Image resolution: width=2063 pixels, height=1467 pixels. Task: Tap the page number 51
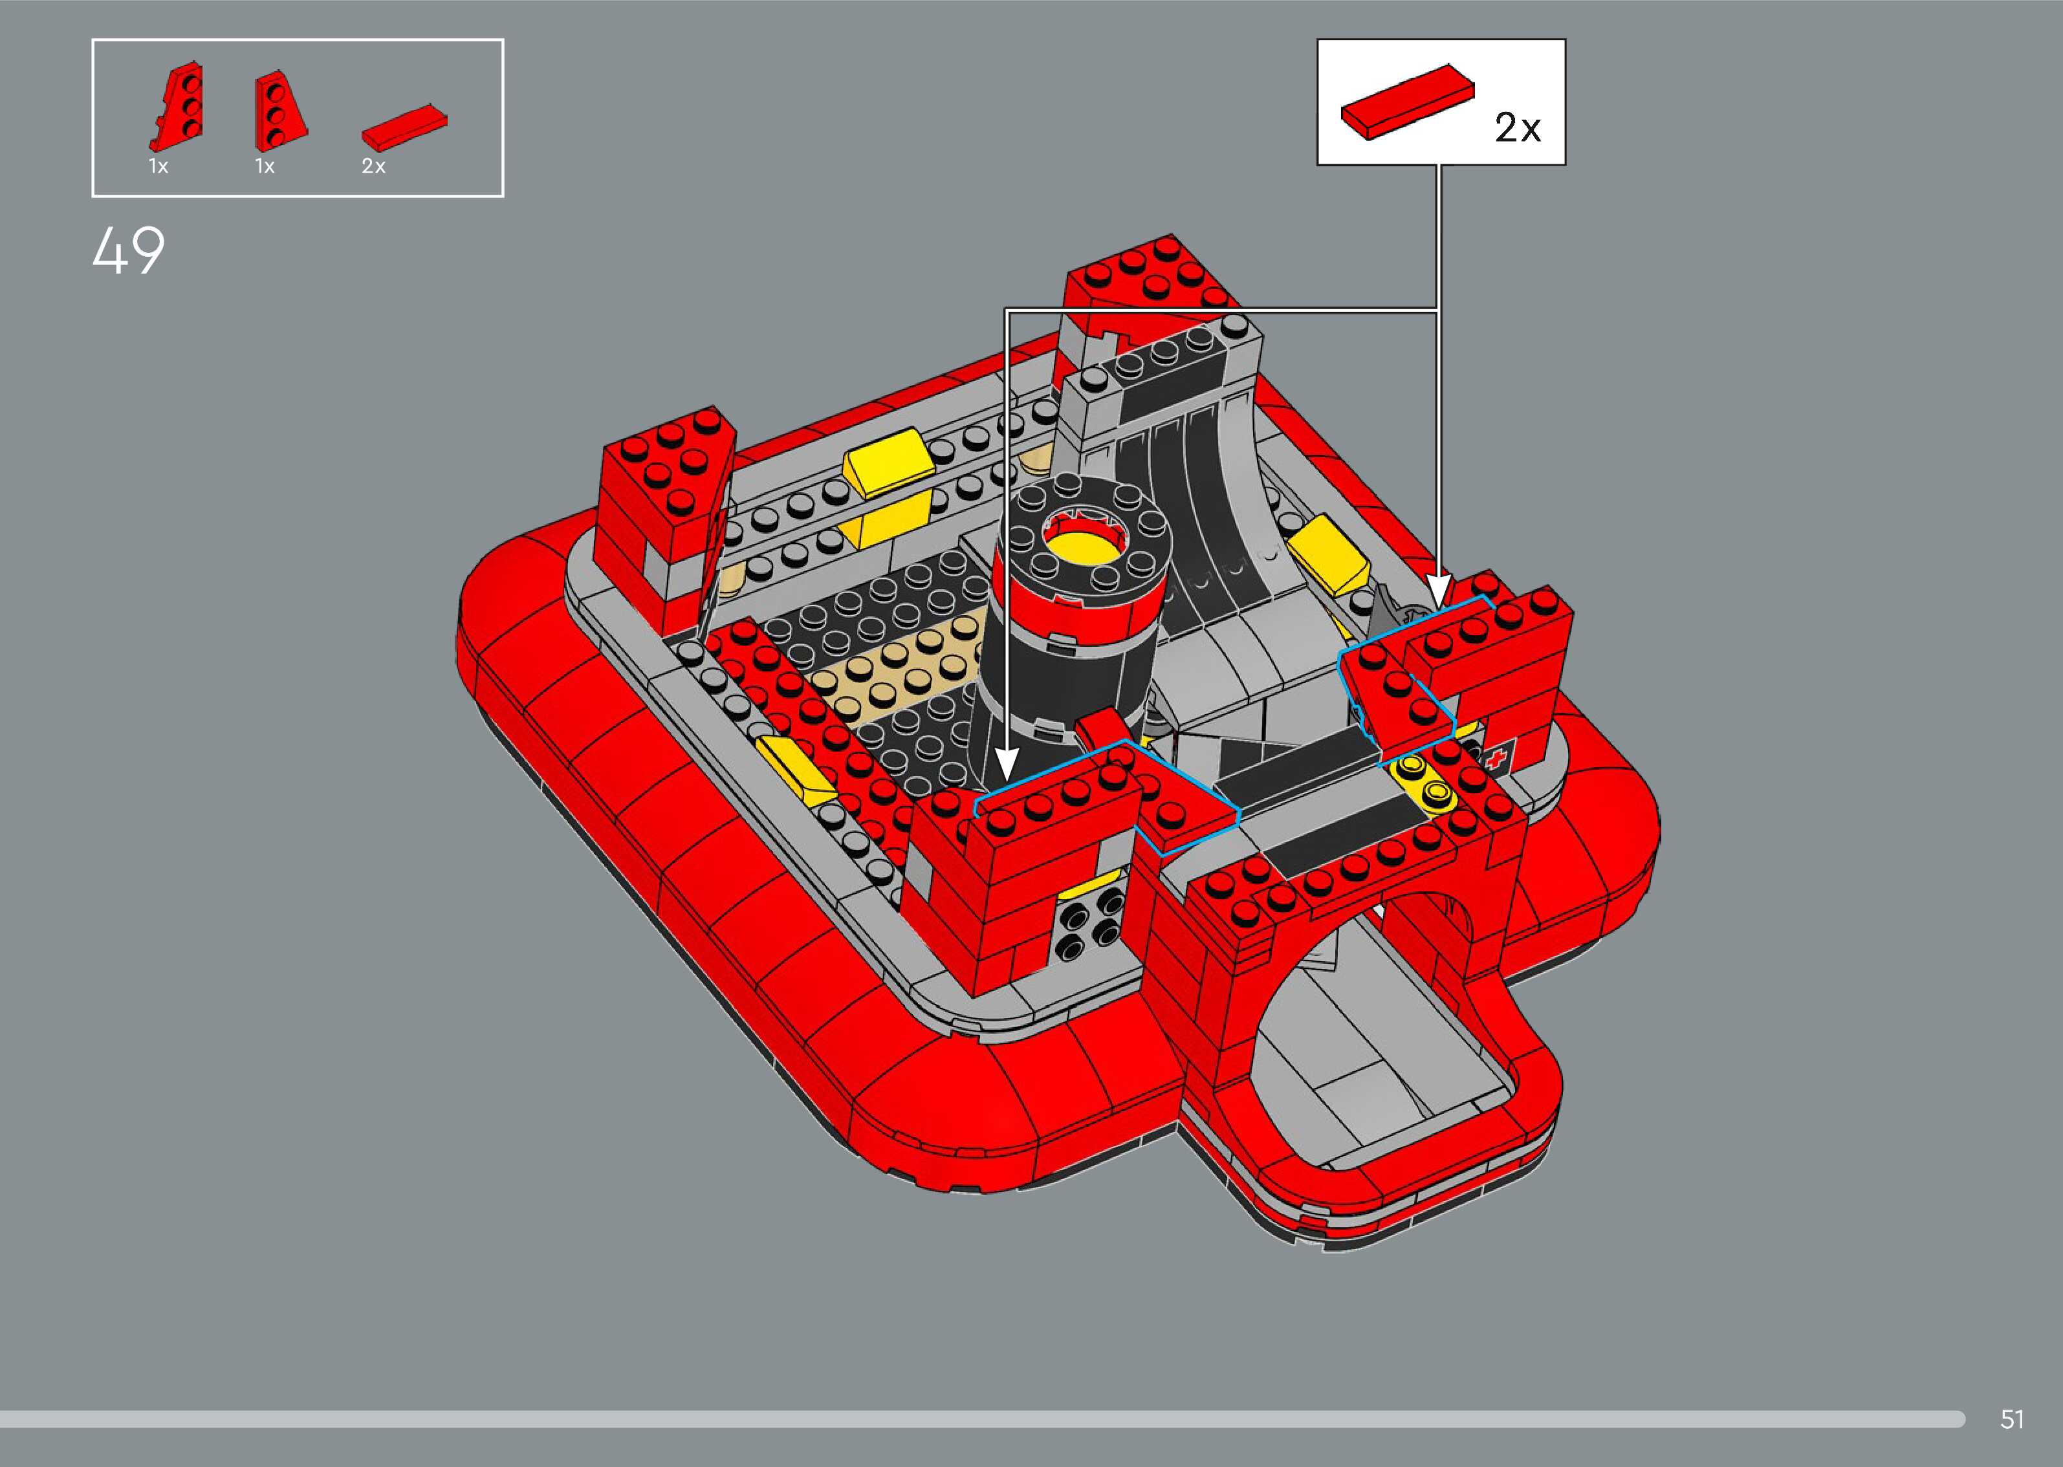tap(2011, 1419)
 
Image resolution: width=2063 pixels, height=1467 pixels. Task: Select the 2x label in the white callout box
tap(1518, 127)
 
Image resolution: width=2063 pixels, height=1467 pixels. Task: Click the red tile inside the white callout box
tap(1406, 102)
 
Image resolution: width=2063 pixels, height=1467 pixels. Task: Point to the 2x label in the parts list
tap(373, 166)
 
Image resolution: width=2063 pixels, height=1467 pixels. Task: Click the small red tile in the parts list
tap(404, 125)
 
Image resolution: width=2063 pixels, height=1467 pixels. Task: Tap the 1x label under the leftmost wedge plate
tap(158, 166)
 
